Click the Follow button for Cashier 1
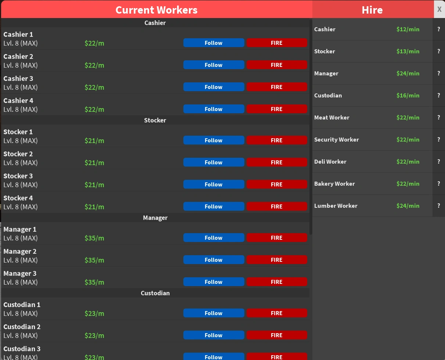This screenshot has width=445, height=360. coord(213,43)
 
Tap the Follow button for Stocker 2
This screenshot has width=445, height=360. coord(213,163)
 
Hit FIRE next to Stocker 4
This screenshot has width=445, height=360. coord(276,207)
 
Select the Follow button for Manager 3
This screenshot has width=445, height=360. coord(213,282)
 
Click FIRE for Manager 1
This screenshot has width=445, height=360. coord(276,238)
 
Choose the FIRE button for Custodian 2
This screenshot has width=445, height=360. coord(276,335)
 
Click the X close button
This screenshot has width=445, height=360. coord(439,10)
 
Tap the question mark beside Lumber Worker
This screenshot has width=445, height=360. coord(438,206)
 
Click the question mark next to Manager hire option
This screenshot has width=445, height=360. coord(438,73)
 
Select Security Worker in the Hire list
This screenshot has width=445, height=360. coord(337,140)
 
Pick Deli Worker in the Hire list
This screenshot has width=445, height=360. coord(330,162)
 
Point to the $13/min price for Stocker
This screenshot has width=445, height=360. coord(408,51)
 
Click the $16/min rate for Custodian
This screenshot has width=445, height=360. coord(408,96)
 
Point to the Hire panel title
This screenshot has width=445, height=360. coord(372,10)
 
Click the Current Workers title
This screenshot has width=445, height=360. coord(157,10)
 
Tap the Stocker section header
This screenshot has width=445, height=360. coord(155,120)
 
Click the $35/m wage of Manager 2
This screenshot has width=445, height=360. coord(94,260)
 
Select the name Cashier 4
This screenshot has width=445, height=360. coord(18,101)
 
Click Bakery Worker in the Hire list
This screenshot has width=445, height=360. coord(334,184)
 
